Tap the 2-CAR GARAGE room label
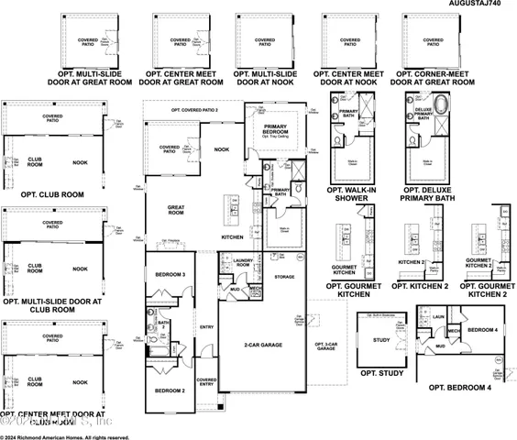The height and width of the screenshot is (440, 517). [x=262, y=345]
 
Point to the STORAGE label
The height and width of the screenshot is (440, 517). [x=284, y=276]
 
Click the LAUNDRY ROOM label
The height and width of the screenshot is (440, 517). [x=243, y=263]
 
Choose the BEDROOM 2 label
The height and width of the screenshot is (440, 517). [x=170, y=391]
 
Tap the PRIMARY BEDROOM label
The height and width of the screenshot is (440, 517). [x=276, y=129]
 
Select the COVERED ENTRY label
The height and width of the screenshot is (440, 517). [x=206, y=381]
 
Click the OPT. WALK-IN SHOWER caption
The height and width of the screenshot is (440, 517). [x=353, y=194]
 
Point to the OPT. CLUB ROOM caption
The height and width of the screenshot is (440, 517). [x=43, y=194]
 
